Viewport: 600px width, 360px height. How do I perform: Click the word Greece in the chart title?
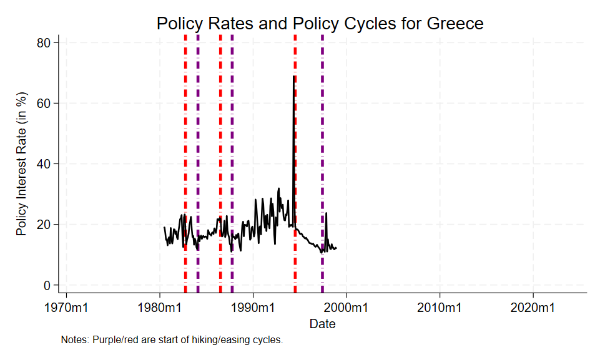(455, 24)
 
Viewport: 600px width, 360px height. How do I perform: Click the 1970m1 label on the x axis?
(67, 308)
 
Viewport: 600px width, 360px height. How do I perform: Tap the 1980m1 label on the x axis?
(160, 308)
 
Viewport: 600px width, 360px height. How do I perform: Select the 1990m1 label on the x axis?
(253, 308)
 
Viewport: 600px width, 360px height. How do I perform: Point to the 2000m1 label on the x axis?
(347, 308)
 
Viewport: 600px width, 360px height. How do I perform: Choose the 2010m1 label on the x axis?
(440, 308)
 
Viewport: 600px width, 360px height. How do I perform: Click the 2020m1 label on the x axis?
(533, 308)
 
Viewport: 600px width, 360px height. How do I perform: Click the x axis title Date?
(323, 324)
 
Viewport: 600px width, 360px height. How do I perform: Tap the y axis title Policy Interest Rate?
(22, 163)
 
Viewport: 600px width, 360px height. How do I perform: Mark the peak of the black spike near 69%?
(293, 76)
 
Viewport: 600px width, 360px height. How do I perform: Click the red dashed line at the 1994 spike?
(295, 156)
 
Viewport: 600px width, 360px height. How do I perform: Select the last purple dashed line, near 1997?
(322, 156)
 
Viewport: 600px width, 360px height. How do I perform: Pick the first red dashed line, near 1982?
(185, 156)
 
